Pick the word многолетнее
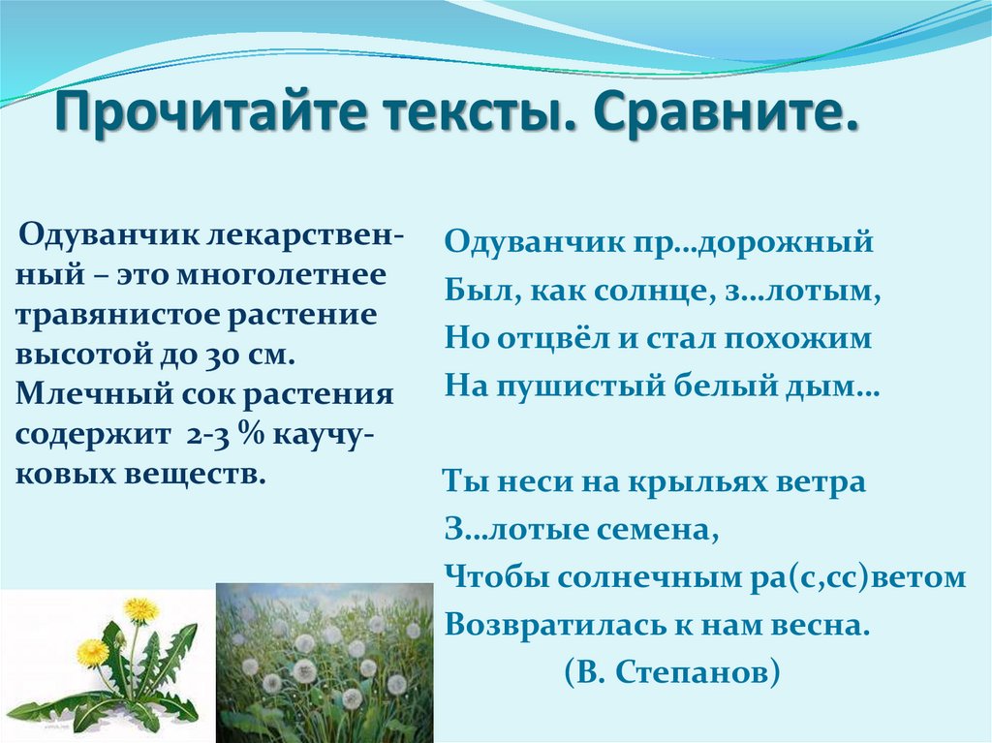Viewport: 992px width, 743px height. (x=281, y=276)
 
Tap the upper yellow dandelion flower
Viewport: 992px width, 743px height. (x=141, y=609)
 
